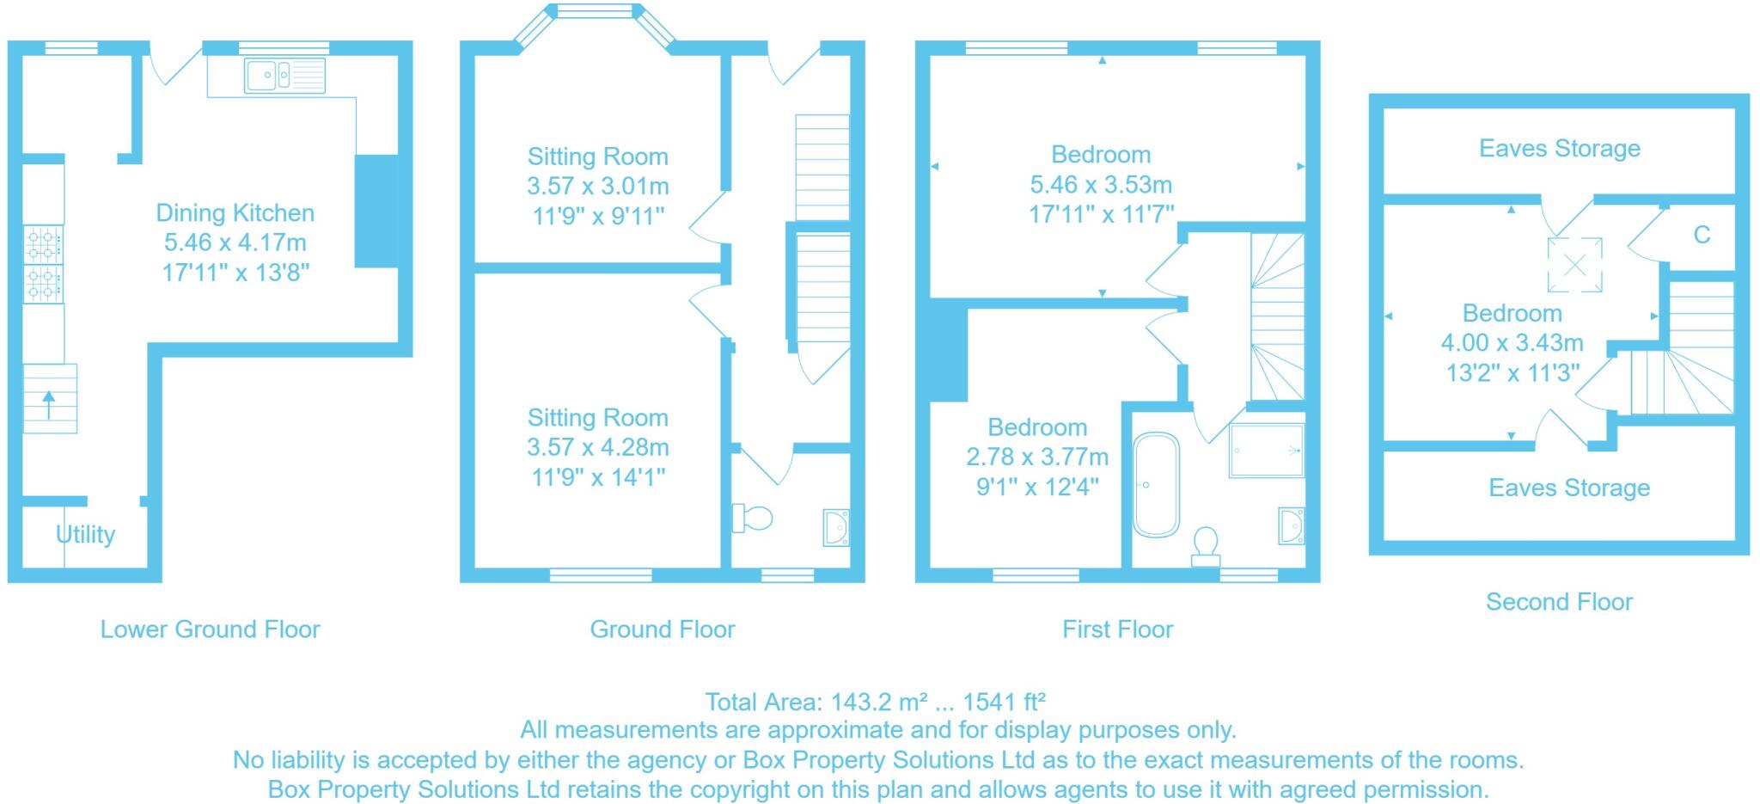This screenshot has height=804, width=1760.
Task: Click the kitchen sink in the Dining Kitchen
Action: pos(284,75)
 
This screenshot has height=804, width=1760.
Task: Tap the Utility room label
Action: pos(85,535)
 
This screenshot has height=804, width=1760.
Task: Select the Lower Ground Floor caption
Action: pos(211,629)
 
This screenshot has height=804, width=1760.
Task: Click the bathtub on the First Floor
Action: pos(1156,485)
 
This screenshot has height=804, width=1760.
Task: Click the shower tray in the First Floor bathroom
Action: pos(1266,451)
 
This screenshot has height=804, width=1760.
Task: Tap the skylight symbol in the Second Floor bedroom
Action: pos(1574,265)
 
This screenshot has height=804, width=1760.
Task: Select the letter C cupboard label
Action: pos(1702,235)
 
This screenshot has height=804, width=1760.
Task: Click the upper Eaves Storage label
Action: pos(1560,149)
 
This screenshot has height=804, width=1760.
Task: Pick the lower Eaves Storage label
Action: pos(1569,488)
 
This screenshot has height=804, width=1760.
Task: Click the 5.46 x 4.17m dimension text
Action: pos(235,242)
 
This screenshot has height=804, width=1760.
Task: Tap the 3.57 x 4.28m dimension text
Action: pos(598,447)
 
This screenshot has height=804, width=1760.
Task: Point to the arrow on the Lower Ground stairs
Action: pos(48,405)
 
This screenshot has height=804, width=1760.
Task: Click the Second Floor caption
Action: pos(1559,602)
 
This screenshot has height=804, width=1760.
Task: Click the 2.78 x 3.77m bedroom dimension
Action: pos(1037,457)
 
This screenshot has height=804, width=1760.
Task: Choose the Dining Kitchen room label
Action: pos(235,213)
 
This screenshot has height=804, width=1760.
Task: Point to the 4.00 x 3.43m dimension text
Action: pos(1512,343)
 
